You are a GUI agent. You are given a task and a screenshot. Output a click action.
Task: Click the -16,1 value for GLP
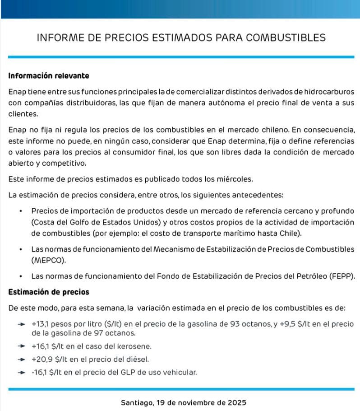[40, 373]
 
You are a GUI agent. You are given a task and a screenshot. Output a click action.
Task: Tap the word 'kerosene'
[136, 346]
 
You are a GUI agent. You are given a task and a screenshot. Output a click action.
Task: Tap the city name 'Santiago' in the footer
[136, 402]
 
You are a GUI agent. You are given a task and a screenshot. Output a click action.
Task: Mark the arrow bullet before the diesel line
[20, 360]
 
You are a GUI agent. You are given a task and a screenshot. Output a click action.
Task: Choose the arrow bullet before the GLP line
[20, 373]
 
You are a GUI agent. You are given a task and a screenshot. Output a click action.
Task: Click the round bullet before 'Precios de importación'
[21, 211]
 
